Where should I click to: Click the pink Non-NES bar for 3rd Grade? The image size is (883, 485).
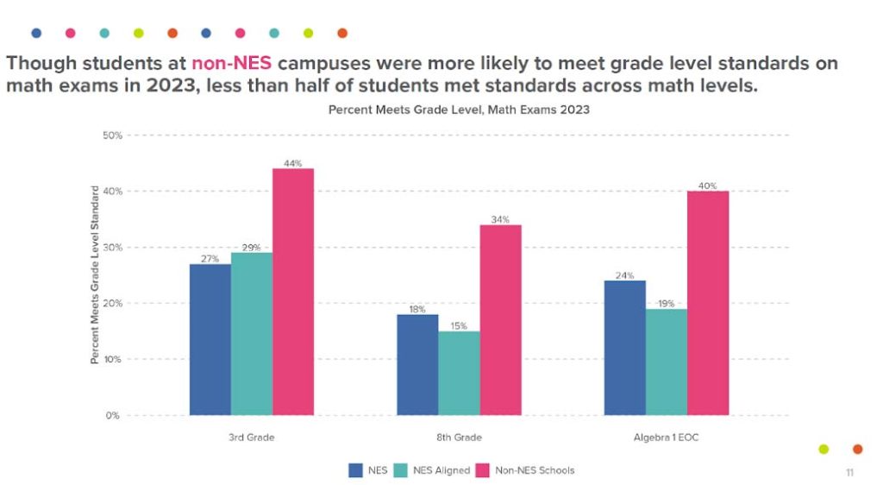[x=293, y=292]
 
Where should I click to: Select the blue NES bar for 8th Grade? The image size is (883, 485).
[x=417, y=364]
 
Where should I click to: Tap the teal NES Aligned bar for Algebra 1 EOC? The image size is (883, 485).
[x=667, y=362]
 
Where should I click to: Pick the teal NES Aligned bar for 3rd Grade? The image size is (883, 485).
[x=252, y=333]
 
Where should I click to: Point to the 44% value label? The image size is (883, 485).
[x=293, y=163]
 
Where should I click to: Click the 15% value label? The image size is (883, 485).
[x=459, y=325]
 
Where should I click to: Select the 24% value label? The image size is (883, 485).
[x=625, y=275]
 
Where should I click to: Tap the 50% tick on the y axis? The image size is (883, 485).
[x=112, y=135]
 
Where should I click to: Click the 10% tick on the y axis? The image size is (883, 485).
[x=112, y=359]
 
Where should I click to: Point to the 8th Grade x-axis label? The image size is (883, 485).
[x=459, y=438]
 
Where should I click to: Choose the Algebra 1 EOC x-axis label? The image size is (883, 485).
[x=667, y=438]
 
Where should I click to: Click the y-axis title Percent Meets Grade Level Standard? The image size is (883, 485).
[x=95, y=274]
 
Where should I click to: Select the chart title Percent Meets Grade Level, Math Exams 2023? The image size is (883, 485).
[x=459, y=110]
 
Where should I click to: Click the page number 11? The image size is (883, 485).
[x=849, y=473]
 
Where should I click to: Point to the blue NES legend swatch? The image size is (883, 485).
[x=355, y=470]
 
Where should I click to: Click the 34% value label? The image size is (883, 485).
[x=500, y=219]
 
